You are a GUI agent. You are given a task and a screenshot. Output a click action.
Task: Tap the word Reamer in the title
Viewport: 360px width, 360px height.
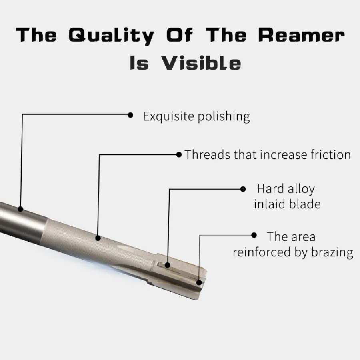coord(301,35)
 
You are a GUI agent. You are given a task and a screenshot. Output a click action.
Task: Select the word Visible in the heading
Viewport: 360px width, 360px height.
coord(202,63)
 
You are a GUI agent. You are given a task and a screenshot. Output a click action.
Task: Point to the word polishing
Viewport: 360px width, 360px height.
coord(226,117)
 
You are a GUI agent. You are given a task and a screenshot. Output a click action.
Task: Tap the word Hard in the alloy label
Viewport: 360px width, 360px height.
coord(271,188)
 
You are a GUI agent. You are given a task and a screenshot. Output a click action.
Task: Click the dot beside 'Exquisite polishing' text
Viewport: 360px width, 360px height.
coord(130,115)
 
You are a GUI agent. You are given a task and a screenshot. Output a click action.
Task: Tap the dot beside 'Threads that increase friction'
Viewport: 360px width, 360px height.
coord(179,154)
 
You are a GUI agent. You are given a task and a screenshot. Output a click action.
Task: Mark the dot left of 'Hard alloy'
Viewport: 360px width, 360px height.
coord(242,188)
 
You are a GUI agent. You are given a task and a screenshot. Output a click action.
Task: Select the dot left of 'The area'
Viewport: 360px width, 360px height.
coord(253,235)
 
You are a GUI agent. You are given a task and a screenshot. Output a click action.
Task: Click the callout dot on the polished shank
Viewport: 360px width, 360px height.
coord(21,208)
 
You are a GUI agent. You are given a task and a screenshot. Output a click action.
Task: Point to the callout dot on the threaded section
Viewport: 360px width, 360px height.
coord(98,238)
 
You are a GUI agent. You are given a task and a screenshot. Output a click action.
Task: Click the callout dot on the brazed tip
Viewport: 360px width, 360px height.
coord(199,282)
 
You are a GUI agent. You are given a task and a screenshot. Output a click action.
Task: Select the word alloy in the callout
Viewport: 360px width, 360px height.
coord(301,189)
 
